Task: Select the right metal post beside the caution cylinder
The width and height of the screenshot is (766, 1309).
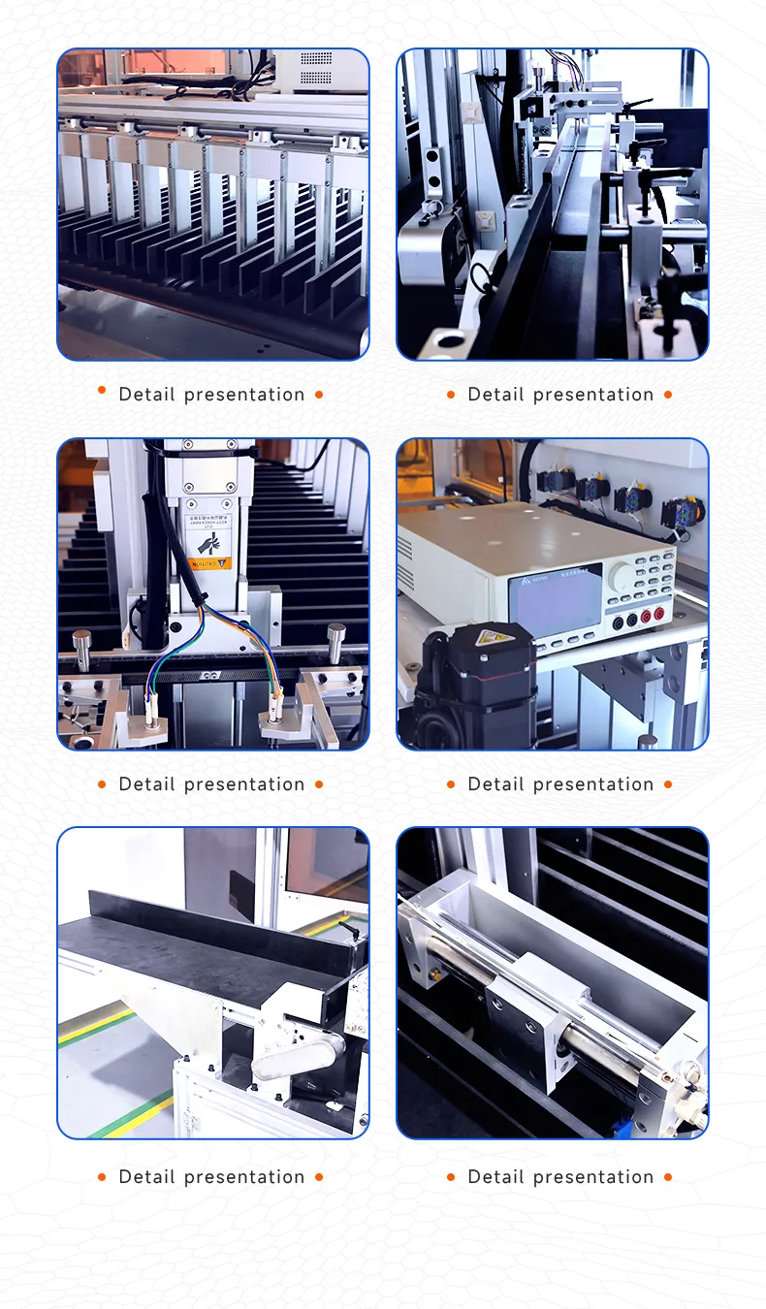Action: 335,641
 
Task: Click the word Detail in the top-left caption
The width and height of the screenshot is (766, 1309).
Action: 146,395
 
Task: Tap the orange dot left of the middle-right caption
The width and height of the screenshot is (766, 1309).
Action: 451,783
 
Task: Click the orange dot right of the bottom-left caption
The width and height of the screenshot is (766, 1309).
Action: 319,1177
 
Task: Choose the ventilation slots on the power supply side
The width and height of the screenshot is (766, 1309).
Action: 404,553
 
